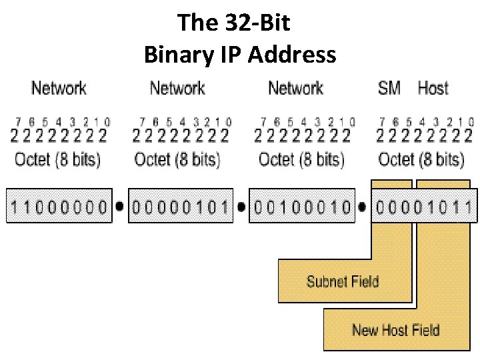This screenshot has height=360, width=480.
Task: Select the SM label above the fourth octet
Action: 389,87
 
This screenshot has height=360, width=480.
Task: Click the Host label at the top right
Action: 433,87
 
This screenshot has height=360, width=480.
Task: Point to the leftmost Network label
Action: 59,87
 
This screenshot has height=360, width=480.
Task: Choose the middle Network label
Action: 177,87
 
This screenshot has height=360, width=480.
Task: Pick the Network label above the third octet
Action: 295,87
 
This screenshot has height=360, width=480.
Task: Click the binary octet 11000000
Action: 58,207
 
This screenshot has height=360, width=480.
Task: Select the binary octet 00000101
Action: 180,207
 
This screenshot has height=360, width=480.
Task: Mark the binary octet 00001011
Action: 424,207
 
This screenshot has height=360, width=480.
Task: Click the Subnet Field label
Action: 343,281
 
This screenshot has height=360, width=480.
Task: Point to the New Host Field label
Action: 395,329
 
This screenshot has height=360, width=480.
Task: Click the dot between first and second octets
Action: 119,207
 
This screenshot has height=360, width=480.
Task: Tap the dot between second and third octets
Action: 241,207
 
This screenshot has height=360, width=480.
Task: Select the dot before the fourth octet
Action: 362,207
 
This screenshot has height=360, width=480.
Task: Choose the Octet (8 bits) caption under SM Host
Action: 421,159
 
